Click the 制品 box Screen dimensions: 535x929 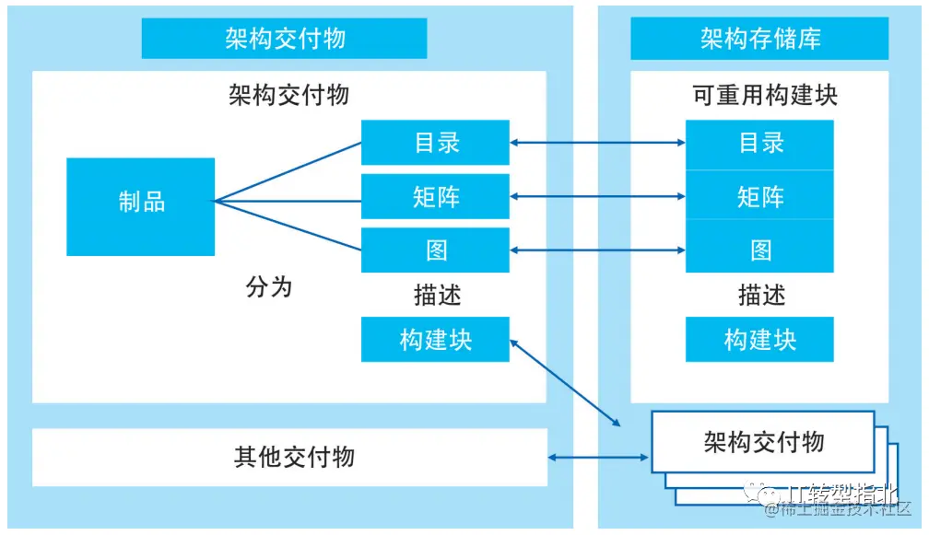140,206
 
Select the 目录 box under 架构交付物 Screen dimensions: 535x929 435,143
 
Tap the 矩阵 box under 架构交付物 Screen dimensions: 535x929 435,196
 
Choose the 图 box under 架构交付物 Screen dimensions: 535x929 435,250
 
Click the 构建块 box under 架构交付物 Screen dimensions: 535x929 435,339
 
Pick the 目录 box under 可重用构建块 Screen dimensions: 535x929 759,143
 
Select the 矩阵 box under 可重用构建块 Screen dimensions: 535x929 759,196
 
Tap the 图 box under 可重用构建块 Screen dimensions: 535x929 759,250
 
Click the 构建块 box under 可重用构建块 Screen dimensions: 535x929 759,339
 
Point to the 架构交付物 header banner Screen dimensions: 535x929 284,38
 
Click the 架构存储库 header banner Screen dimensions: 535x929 759,38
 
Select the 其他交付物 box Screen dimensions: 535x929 289,457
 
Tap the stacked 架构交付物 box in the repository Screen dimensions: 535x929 763,442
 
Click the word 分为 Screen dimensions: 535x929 269,286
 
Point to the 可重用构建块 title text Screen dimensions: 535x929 765,95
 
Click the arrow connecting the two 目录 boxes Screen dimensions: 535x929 597,143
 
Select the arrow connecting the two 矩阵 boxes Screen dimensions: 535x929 597,196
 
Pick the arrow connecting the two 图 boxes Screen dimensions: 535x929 597,250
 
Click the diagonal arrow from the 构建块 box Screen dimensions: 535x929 564,383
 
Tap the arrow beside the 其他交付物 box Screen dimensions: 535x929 599,457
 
